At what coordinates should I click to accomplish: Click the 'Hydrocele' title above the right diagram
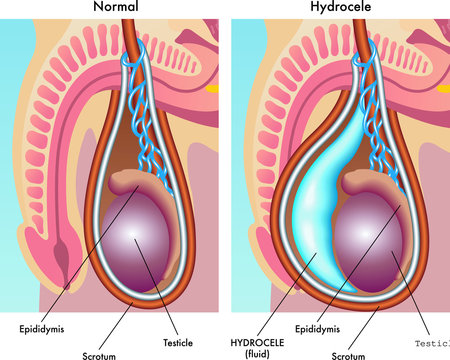[x=340, y=8]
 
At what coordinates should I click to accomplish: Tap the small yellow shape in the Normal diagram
[x=213, y=87]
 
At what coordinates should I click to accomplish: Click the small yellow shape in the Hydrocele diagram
[x=441, y=87]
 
